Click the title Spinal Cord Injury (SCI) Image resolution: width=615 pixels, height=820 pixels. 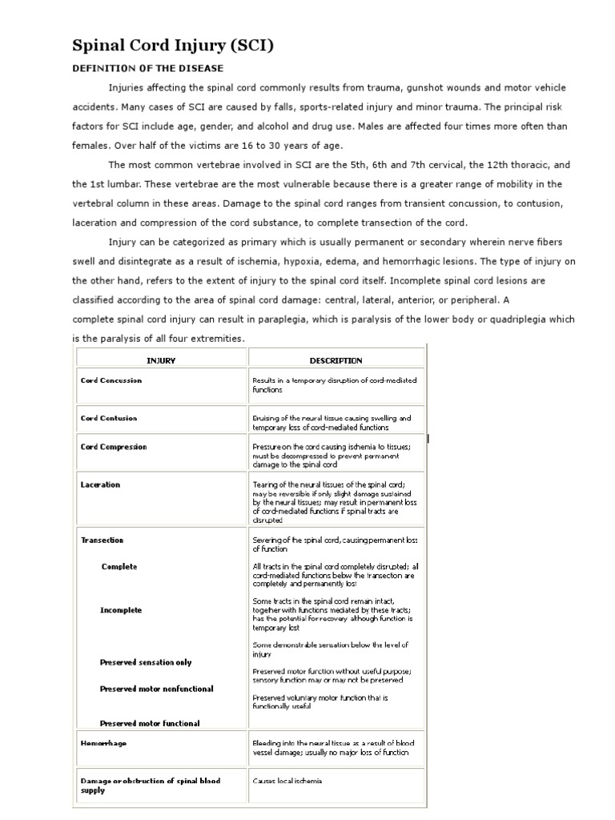173,46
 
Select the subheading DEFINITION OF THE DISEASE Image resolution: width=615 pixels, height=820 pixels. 148,69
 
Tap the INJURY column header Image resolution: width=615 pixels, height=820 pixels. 161,361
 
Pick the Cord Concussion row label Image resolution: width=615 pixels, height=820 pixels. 111,380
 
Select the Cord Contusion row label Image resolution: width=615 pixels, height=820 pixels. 109,418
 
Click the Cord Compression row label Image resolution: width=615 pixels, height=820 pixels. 114,447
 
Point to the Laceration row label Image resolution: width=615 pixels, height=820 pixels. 101,484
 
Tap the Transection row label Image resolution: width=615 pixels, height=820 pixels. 102,541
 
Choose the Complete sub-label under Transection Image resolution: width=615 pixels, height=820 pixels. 119,567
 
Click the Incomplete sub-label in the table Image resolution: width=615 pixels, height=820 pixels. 121,610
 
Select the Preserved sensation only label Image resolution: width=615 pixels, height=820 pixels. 146,662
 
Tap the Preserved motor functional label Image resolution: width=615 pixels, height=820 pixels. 150,723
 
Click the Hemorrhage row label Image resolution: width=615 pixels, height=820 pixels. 104,743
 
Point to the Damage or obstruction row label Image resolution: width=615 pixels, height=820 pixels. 151,785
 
